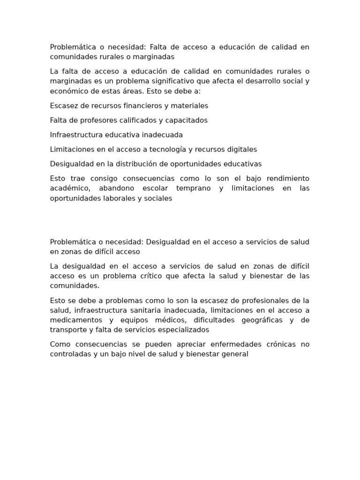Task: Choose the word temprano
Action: (x=194, y=188)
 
